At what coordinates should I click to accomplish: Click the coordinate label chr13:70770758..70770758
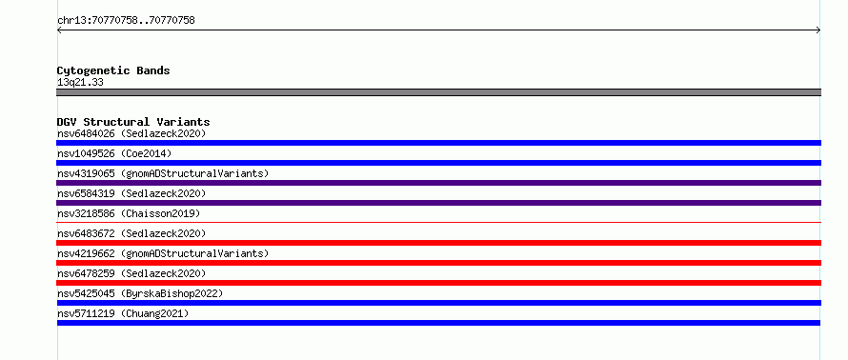[126, 21]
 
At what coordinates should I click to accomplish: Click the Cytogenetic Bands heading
[113, 70]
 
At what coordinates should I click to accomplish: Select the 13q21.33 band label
[80, 83]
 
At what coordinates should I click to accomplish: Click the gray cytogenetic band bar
[438, 92]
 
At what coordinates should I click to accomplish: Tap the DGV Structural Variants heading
[133, 122]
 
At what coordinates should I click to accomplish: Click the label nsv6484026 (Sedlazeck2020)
[131, 133]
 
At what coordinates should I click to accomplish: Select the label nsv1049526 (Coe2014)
[114, 153]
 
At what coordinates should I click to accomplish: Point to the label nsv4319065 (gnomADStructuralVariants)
[163, 173]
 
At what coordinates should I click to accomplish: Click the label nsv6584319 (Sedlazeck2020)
[131, 193]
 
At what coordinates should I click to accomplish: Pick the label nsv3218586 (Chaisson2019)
[129, 213]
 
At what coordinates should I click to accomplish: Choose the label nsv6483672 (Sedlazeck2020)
[131, 233]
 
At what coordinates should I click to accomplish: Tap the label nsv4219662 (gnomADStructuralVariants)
[163, 253]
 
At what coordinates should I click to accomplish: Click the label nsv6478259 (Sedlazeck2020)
[131, 273]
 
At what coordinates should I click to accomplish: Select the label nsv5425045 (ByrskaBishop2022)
[140, 293]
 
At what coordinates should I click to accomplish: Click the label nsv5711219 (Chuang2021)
[123, 313]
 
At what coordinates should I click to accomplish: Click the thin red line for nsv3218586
[438, 222]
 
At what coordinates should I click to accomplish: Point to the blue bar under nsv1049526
[438, 163]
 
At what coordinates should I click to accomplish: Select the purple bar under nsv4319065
[438, 183]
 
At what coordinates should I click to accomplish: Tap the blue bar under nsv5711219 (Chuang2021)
[438, 323]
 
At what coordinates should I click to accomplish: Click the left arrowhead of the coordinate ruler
[59, 30]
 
